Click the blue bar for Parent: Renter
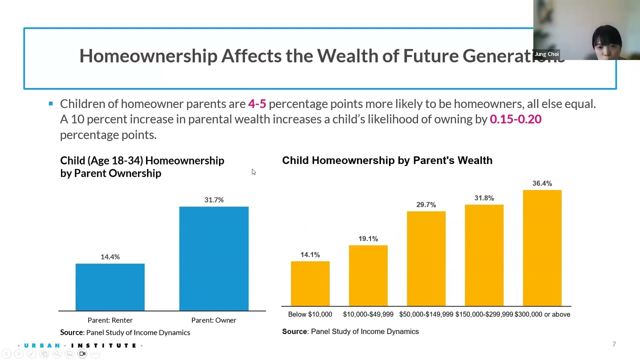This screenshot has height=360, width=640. coord(110,287)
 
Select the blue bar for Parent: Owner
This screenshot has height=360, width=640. coord(213,258)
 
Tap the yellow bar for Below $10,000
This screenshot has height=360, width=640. coord(310,283)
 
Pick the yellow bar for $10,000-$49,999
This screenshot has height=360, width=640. coord(368,275)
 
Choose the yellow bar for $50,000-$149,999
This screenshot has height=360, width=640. coord(426,258)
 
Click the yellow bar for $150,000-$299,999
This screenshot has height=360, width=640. coord(484,255)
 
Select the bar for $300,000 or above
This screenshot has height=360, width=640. coord(542,247)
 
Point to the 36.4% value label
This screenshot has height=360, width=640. coord(542,183)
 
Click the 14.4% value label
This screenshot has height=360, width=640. coord(110,257)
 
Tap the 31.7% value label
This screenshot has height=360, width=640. coord(213,200)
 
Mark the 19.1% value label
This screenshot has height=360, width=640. coord(368,239)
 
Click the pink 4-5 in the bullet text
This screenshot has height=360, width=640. coord(257,104)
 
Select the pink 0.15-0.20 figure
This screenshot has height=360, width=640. coord(515,119)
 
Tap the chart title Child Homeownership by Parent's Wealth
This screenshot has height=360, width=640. coord(387,160)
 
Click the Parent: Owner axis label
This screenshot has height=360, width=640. coord(213,320)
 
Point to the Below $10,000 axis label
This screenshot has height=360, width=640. coord(310,314)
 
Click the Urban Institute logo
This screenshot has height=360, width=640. coord(80,345)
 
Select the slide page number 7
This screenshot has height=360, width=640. coord(614,344)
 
